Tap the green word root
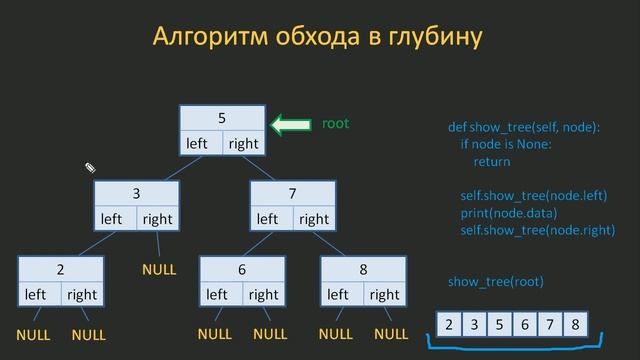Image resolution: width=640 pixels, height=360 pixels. [335, 124]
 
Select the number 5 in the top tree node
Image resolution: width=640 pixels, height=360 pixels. [222, 117]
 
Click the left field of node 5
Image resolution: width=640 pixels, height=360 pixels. [197, 143]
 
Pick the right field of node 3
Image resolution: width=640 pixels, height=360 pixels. [157, 219]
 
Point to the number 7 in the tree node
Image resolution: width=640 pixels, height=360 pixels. [292, 192]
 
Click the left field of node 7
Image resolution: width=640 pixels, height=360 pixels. [267, 219]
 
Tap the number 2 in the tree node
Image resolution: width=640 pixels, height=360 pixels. [60, 269]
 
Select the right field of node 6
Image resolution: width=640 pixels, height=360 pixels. [263, 295]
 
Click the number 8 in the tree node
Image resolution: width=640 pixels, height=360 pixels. [363, 269]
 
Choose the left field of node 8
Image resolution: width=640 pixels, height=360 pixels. [338, 295]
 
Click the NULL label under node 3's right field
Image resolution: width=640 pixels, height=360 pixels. [158, 270]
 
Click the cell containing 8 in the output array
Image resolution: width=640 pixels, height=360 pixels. [574, 324]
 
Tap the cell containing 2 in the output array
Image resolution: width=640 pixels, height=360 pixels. [449, 324]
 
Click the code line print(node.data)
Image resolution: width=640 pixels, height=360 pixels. [508, 213]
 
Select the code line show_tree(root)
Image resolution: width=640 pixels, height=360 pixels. [495, 281]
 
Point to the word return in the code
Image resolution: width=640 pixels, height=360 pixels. [491, 161]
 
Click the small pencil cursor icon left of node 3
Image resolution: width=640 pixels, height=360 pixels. [89, 168]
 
